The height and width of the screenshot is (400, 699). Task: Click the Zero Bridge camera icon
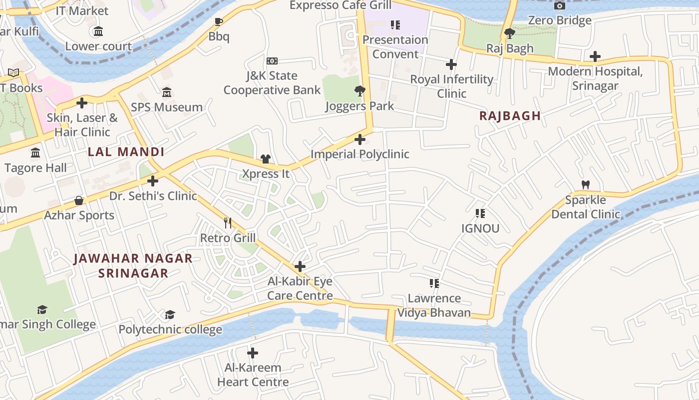560,5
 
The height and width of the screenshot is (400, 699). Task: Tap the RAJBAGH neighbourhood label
510,116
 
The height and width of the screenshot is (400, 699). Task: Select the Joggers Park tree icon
359,90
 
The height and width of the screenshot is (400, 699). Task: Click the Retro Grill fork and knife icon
228,222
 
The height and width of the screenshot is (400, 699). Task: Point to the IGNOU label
480,228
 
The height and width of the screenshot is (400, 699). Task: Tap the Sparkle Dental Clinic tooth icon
586,184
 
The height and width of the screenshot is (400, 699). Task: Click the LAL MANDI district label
126,152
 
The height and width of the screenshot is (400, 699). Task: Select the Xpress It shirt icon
266,158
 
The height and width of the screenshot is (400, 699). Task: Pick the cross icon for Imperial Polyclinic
360,139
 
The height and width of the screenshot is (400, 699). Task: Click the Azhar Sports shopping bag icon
79,200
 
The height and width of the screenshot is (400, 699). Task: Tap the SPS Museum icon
167,92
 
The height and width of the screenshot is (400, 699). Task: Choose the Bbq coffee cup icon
218,21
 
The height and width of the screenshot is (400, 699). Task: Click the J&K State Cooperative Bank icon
272,61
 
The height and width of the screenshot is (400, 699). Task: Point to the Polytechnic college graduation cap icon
170,314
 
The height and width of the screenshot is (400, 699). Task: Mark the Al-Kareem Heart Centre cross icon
253,353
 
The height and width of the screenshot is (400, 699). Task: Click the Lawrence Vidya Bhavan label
434,305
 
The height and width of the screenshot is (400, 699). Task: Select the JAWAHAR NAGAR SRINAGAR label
133,265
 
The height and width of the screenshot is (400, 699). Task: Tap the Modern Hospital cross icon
595,56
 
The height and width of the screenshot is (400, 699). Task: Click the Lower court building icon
98,31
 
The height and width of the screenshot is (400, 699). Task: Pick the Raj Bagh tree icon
510,33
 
